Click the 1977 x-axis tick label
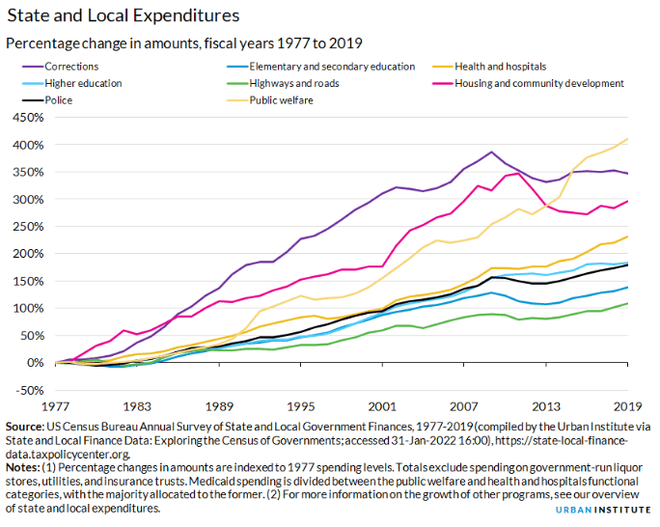pyautogui.click(x=56, y=406)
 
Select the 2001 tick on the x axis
pyautogui.click(x=384, y=406)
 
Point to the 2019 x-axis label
pyautogui.click(x=628, y=406)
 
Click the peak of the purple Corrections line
pyautogui.click(x=492, y=152)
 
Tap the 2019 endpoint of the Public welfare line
pyautogui.click(x=629, y=139)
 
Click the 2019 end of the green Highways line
pyautogui.click(x=629, y=303)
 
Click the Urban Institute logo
pyautogui.click(x=615, y=508)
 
